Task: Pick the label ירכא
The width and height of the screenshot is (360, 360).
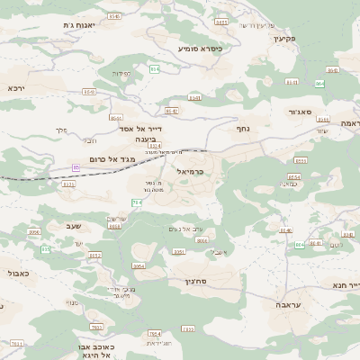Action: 16,88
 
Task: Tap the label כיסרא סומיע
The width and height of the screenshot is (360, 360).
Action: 200,48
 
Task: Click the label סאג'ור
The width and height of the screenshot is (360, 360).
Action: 300,112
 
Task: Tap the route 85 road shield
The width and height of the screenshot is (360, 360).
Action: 76,166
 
